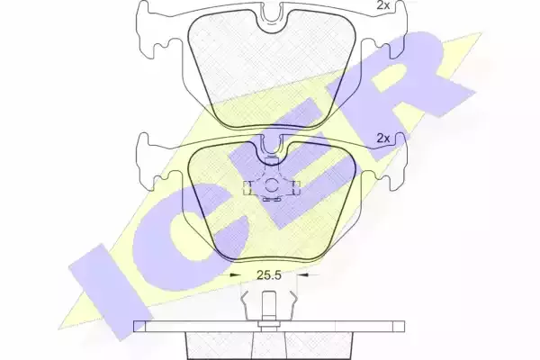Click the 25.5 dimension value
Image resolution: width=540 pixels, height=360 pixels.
tap(269, 275)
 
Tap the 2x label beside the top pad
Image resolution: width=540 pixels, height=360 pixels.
tap(382, 5)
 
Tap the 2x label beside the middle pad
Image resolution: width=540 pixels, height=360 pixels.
tap(383, 139)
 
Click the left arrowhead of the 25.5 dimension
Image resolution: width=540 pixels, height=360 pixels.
tap(235, 274)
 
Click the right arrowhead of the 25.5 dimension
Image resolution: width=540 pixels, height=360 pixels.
tap(302, 274)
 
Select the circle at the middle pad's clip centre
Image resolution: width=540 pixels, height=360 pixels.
tap(272, 186)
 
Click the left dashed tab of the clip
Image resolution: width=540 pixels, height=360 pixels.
tap(247, 188)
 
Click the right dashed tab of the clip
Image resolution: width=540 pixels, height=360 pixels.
tap(296, 188)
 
